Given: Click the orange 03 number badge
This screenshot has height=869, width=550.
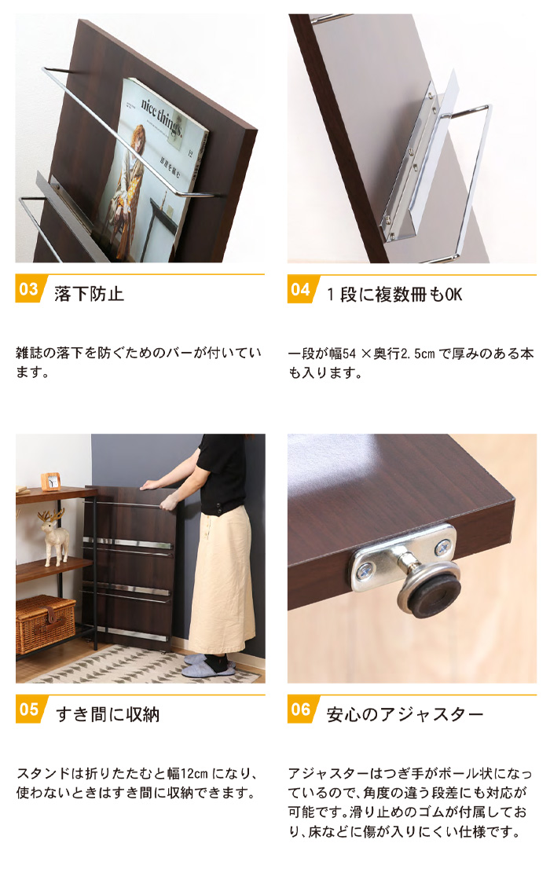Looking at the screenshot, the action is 28,288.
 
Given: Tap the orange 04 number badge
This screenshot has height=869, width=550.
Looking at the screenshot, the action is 300,288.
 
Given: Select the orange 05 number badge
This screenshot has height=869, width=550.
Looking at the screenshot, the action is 28,709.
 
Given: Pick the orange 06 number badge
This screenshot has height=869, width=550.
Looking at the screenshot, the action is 300,709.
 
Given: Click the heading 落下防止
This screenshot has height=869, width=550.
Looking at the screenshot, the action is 89,294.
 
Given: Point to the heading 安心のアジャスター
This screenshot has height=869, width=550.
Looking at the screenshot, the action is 405,714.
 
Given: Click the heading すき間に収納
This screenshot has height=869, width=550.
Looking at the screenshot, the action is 108,714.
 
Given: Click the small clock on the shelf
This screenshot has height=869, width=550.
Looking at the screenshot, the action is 51,481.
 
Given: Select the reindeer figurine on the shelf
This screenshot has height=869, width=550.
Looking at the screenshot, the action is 53,537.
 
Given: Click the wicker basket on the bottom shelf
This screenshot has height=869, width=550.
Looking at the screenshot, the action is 46,624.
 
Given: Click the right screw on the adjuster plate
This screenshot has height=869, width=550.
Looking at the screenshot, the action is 442,548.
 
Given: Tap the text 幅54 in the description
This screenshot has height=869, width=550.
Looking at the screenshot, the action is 343,354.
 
